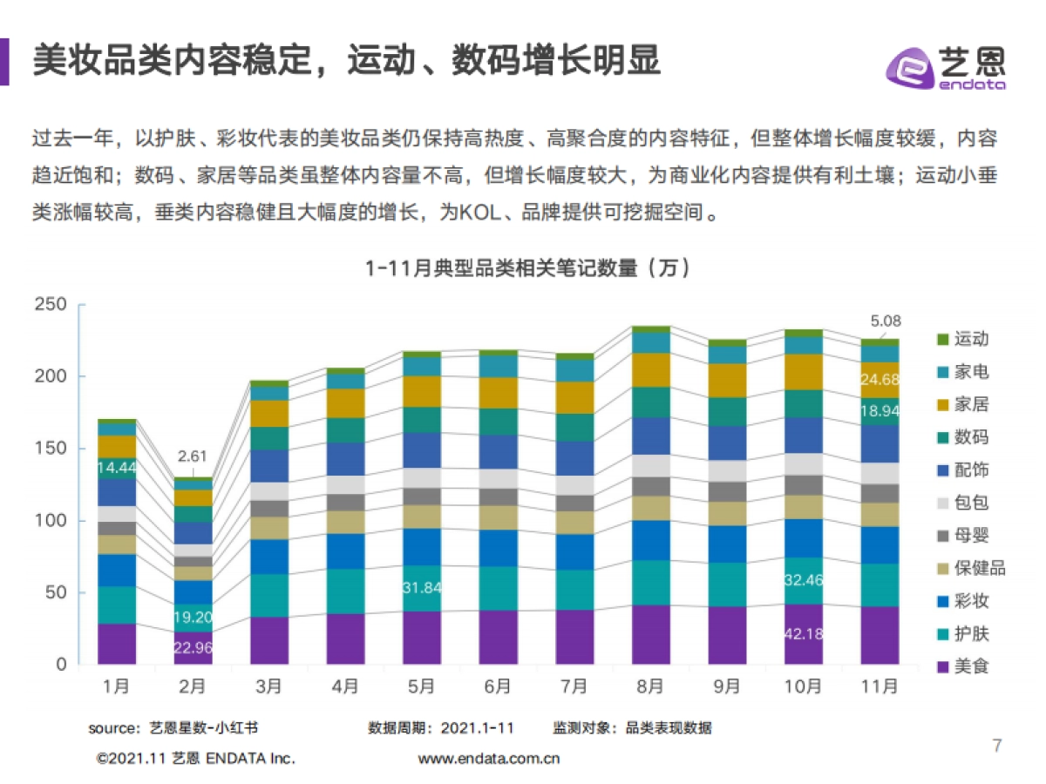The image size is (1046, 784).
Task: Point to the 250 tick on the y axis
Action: tap(51, 304)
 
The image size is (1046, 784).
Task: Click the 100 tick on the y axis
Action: tap(51, 521)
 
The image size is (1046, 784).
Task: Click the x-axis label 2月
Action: tap(193, 686)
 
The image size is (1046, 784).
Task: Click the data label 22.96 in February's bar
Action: tap(193, 647)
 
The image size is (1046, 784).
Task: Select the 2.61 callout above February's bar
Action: tap(193, 456)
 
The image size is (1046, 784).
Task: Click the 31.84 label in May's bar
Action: tap(421, 587)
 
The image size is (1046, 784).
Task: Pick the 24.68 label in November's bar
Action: tap(880, 379)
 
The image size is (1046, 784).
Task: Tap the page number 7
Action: tap(997, 746)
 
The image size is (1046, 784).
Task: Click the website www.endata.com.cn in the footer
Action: tap(488, 758)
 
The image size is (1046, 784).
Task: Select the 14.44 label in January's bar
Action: tap(116, 468)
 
